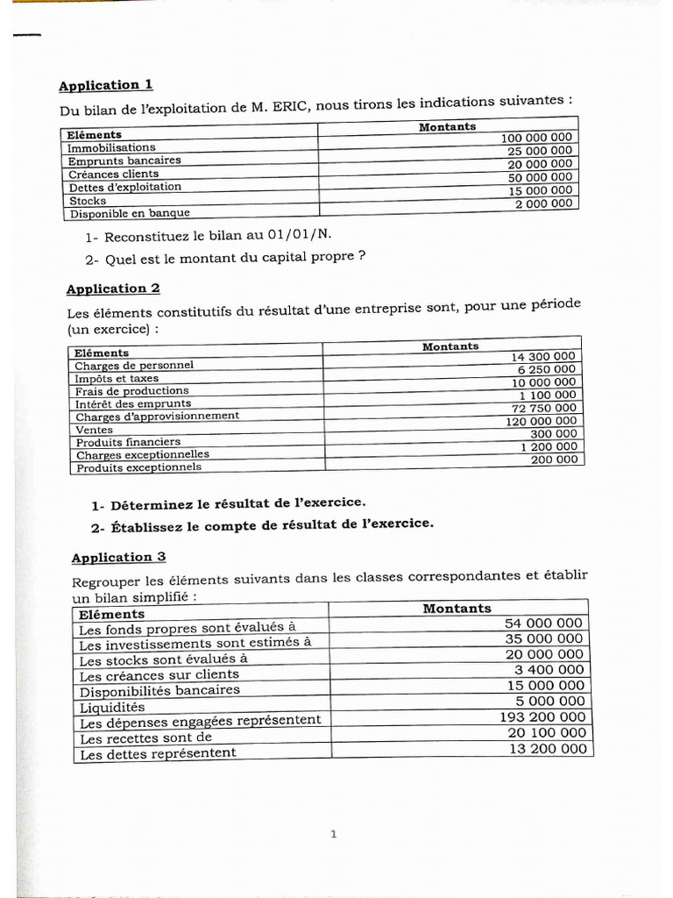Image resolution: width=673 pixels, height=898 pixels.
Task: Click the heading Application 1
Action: [x=105, y=85]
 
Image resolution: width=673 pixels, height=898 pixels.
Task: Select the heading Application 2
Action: [x=113, y=289]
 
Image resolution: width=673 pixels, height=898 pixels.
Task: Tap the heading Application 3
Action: [x=118, y=557]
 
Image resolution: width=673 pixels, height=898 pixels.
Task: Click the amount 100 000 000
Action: [x=536, y=138]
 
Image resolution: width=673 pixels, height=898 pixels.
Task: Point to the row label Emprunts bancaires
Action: [x=124, y=160]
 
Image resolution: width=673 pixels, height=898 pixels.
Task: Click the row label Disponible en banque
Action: [x=130, y=212]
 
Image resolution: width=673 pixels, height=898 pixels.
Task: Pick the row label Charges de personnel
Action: [x=134, y=365]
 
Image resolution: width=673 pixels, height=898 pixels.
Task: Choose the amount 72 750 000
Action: [x=544, y=408]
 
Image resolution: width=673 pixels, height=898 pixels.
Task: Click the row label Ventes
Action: [x=94, y=430]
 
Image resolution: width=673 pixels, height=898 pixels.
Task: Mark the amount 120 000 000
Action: [x=541, y=421]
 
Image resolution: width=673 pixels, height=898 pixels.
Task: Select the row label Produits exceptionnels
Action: [x=138, y=467]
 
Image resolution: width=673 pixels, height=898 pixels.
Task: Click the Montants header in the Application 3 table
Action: [x=457, y=608]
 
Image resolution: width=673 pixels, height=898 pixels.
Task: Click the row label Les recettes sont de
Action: [x=145, y=738]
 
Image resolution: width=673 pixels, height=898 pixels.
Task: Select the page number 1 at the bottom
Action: [x=333, y=834]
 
